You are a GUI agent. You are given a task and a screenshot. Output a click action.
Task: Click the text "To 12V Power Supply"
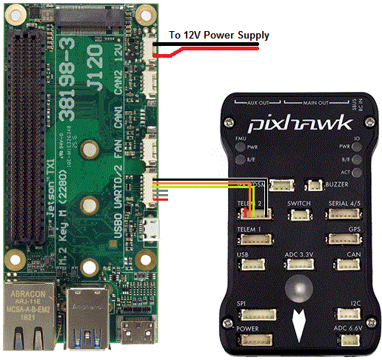point(219,35)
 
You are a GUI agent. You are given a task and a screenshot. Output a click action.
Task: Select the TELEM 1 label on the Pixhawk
point(249,230)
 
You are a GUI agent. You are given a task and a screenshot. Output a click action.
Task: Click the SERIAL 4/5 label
point(345,203)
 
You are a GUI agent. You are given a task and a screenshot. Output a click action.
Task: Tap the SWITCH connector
point(301,214)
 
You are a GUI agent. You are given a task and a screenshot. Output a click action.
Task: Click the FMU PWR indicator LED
point(241,146)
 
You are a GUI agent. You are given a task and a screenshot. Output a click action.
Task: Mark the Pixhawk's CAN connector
point(347,265)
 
